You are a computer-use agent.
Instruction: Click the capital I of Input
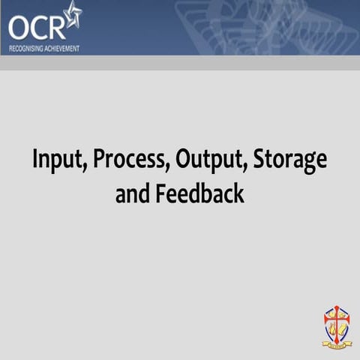pyautogui.click(x=35, y=160)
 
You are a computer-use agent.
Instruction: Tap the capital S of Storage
pyautogui.click(x=259, y=160)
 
